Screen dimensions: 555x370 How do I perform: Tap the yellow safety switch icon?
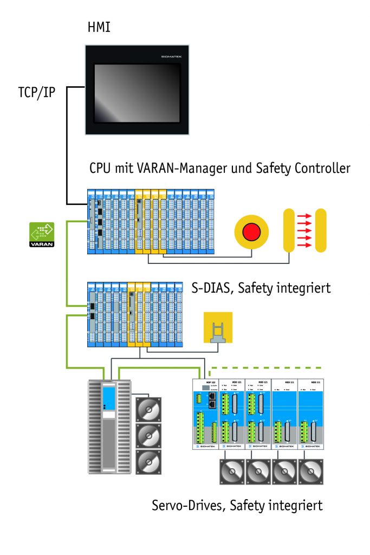coord(218,327)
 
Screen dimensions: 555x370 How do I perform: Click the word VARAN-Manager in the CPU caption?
coord(174,169)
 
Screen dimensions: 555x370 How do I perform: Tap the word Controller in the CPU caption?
coord(320,169)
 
